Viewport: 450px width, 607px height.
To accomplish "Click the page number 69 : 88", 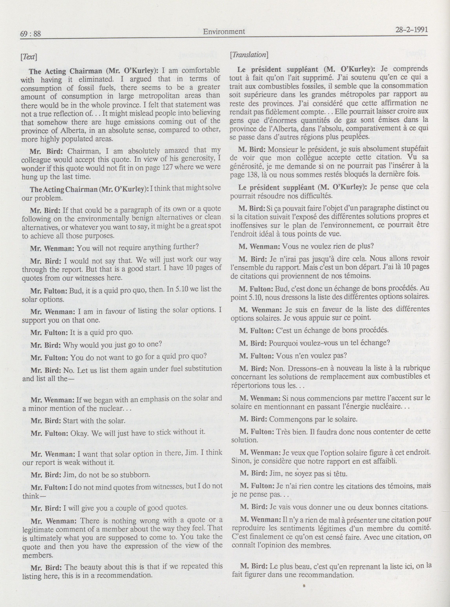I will pos(30,34).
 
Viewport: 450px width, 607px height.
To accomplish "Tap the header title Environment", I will pos(224,32).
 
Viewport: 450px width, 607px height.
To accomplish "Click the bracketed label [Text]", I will pos(29,57).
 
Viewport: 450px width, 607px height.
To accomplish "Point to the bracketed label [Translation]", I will pos(249,55).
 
